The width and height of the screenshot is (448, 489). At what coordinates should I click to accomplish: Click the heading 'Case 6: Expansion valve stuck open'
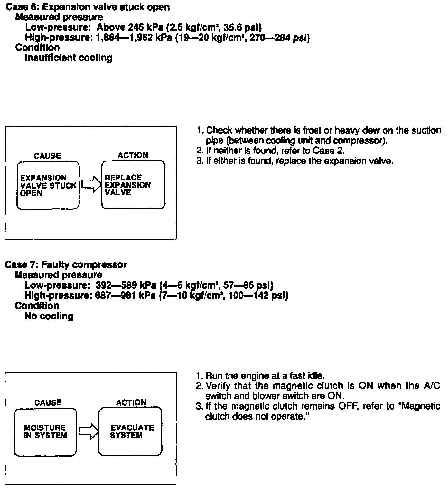click(x=88, y=7)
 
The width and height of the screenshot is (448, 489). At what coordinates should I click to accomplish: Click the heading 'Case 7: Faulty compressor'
click(x=66, y=265)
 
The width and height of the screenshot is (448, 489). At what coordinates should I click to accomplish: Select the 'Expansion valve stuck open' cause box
click(x=48, y=185)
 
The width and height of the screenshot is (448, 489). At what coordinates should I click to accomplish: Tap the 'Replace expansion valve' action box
click(x=133, y=185)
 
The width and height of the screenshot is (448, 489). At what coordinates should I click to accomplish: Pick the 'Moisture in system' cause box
click(x=45, y=432)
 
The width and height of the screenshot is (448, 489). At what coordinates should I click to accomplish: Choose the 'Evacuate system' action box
click(x=130, y=431)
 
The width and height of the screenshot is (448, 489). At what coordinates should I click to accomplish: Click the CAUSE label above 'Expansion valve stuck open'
click(x=47, y=156)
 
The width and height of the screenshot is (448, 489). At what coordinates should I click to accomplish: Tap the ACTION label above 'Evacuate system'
click(x=131, y=402)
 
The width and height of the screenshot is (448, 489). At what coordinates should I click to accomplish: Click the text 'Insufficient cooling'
click(x=69, y=58)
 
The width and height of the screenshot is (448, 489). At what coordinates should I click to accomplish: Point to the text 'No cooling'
click(x=49, y=316)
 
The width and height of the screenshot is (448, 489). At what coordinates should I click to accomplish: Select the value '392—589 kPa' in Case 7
click(x=126, y=285)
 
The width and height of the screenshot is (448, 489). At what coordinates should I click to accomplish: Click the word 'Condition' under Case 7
click(x=37, y=306)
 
